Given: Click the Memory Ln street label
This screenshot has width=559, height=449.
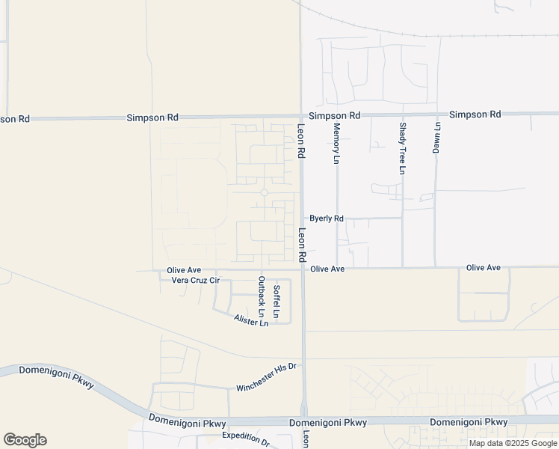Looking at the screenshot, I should [x=336, y=144].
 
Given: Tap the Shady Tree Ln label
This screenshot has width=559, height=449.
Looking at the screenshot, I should [x=402, y=149].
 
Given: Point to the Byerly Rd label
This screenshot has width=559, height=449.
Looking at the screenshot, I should [x=327, y=219].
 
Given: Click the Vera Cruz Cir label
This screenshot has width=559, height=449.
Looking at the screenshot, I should [x=195, y=281].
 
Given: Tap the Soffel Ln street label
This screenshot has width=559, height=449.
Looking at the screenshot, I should [x=276, y=302].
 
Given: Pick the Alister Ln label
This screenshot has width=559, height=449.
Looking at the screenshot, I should [x=250, y=321].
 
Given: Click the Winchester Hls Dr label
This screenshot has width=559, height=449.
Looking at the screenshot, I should [x=267, y=377].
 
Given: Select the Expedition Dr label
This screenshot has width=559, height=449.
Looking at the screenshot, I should [x=246, y=439].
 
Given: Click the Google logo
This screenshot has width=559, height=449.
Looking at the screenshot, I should [x=25, y=440].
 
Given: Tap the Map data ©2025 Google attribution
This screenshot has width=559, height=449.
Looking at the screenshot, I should [x=513, y=443].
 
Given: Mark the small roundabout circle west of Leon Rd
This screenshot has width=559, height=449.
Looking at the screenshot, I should [x=264, y=192].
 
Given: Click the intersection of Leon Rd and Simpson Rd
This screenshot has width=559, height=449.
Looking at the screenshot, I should [x=300, y=117].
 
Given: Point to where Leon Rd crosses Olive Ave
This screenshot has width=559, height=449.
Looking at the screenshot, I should [x=303, y=268].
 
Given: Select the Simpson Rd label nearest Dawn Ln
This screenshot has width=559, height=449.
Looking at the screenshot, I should [x=475, y=114].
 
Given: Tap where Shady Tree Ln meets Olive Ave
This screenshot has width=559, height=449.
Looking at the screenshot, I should [x=403, y=267].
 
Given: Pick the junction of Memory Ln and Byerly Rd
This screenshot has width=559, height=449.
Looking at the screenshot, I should [x=337, y=219].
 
